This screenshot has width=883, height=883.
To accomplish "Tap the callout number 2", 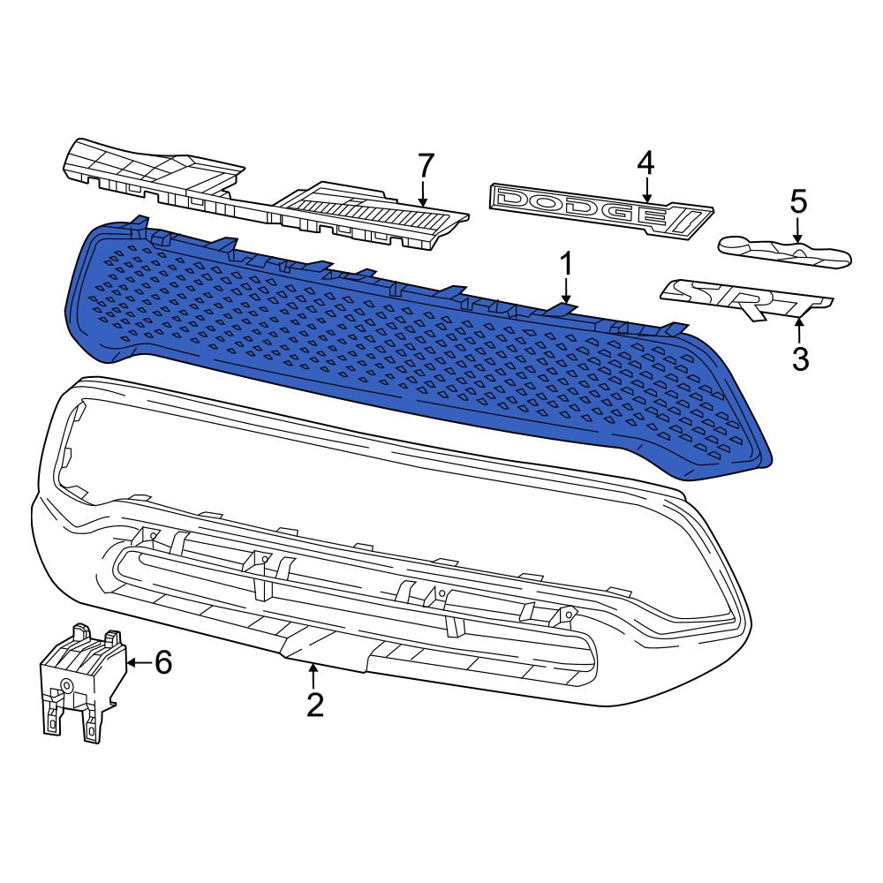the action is tap(315, 705).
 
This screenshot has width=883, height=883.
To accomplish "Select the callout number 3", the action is tap(800, 358).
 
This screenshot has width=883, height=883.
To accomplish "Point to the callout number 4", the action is tap(646, 163).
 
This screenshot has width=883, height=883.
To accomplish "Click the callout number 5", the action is tap(799, 201).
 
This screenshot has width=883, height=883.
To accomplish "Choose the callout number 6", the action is tap(163, 662).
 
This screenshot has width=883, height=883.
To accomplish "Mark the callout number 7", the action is tap(425, 166).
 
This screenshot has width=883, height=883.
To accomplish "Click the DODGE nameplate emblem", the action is tap(600, 210).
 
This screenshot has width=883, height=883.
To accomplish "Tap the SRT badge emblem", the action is tap(747, 299).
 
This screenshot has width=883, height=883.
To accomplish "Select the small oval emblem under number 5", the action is tap(784, 252).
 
